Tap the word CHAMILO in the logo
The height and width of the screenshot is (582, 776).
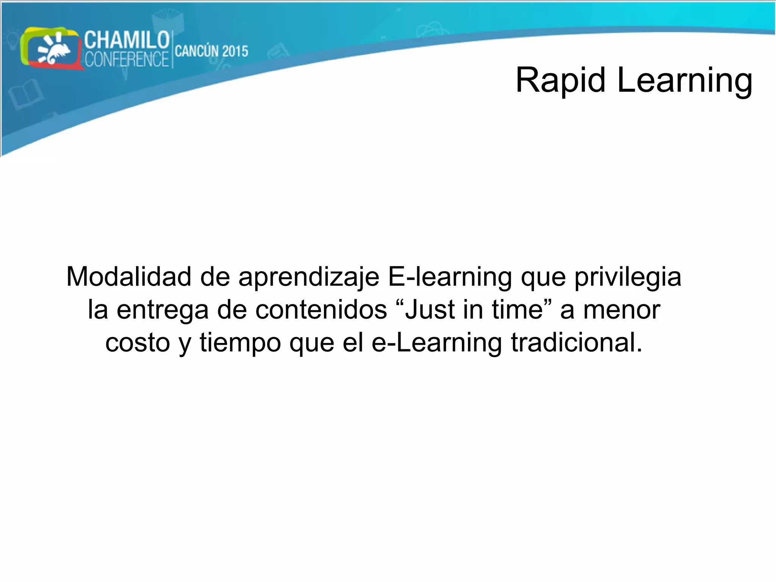[127, 40]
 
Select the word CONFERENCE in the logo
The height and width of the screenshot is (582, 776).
[127, 59]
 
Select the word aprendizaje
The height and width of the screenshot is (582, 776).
[308, 277]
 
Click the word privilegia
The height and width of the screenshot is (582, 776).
[627, 277]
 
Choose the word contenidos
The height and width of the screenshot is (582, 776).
[321, 310]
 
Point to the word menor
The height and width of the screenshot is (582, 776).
[621, 310]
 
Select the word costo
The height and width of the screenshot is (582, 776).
[138, 343]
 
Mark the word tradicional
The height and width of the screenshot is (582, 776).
[576, 343]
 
